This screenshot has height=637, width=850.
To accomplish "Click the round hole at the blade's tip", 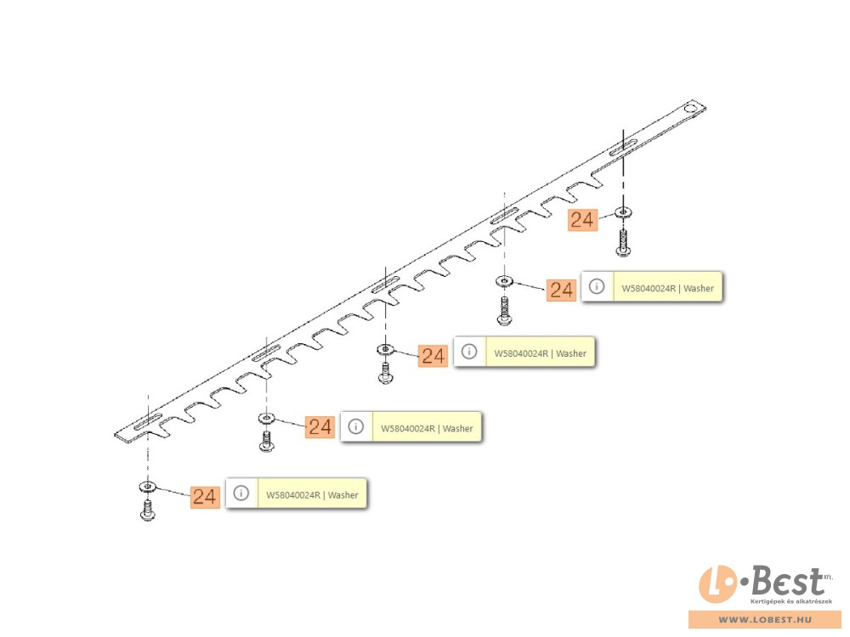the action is pos(691,109).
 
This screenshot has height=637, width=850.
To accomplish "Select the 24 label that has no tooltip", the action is pos(583,220).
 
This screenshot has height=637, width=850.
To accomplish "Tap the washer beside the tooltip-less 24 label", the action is pos(623,211).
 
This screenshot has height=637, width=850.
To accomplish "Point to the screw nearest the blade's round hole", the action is pos(623,243).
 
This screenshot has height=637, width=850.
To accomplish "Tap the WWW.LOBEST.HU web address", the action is pos(766,620).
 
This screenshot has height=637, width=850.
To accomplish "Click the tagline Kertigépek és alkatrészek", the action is pos(790,601).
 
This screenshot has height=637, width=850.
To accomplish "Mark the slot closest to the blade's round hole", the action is pos(623,148).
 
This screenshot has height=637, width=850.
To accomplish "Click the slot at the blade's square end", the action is pos(148,421).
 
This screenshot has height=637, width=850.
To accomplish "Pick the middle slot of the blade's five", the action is pos(385,284).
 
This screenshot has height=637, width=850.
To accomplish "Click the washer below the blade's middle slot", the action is pos(385,349).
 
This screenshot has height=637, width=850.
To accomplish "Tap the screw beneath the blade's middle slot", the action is pos(385,373).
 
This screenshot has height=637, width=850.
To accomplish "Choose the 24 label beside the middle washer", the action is pos(433,356).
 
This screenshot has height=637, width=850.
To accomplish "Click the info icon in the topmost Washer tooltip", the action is pos(597,286).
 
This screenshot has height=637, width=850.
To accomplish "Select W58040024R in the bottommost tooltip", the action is pos(292,495).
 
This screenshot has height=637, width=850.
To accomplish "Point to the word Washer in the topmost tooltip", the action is pos(698,288).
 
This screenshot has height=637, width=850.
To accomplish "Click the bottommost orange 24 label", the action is pos(205,497).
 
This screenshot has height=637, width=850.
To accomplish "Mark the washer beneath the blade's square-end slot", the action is pos(148,487).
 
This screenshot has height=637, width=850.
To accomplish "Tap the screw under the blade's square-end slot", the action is pos(147,510).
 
